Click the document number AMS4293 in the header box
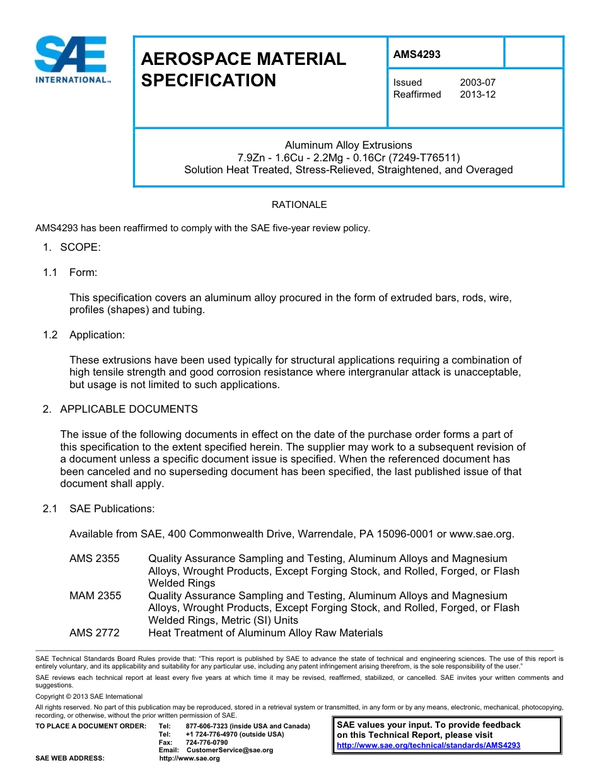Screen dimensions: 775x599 (x=417, y=54)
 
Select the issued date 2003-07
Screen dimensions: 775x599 (x=477, y=83)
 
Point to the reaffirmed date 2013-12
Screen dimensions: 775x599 (x=477, y=95)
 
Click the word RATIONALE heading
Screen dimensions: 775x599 (x=299, y=205)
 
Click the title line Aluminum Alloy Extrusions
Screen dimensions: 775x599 (x=348, y=145)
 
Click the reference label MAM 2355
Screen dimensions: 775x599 (x=95, y=595)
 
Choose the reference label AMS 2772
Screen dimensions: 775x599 (x=95, y=633)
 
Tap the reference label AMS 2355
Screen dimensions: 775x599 (x=95, y=558)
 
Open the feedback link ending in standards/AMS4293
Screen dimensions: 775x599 (x=428, y=745)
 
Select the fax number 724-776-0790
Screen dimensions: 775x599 (x=207, y=742)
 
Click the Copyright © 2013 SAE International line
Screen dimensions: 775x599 (x=89, y=696)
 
